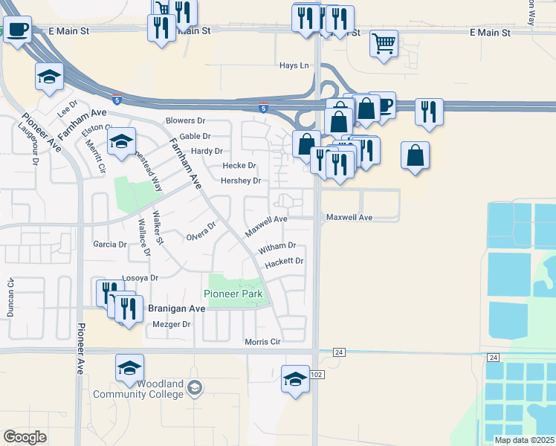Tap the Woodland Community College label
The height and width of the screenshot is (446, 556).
coord(138,389)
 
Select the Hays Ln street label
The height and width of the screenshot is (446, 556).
coord(294,65)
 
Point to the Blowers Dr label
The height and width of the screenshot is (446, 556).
coord(185,120)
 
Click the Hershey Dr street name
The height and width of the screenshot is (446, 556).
coord(241,181)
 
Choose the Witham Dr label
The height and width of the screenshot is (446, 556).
coord(277,245)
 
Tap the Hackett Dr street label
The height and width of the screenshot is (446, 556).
coord(285,261)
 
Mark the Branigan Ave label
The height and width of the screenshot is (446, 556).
coord(177,308)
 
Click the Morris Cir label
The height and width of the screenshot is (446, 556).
coord(263,342)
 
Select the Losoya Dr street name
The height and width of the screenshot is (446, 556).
coord(140,278)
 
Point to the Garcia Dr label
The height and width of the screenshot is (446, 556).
coord(110,244)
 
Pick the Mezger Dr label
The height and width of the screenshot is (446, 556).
coord(171,324)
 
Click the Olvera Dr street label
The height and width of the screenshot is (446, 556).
coord(201,231)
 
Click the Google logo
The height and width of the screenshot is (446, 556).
coord(25,437)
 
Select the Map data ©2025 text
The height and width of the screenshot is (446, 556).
coord(524,440)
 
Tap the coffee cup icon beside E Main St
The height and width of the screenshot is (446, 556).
coord(17,30)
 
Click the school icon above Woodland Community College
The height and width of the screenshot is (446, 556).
coord(129,366)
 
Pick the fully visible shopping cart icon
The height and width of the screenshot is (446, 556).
coord(384,42)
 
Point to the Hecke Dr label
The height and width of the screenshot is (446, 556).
coord(240,166)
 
